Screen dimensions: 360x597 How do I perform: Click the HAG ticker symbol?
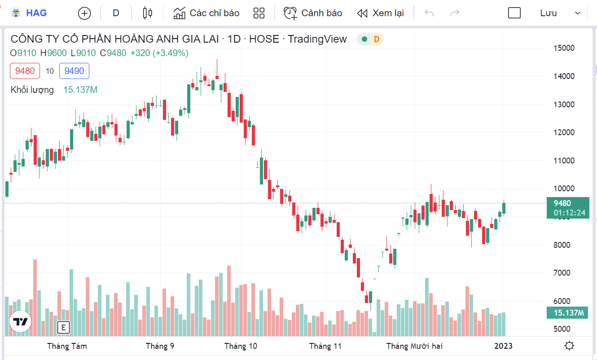click(36, 13)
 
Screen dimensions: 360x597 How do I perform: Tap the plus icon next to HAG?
click(84, 13)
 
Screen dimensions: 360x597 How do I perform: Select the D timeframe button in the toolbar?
click(116, 13)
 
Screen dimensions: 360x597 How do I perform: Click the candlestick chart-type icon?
click(147, 13)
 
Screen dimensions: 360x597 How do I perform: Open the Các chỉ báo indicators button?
click(206, 13)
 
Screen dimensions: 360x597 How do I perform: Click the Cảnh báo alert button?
click(313, 13)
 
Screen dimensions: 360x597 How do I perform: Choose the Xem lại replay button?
click(381, 13)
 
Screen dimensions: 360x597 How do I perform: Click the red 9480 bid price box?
click(25, 71)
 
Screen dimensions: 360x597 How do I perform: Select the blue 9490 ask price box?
click(74, 71)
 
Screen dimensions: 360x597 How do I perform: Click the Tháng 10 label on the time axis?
click(241, 346)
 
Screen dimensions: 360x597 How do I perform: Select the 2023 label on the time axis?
click(503, 346)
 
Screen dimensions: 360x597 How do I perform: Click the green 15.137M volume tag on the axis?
click(567, 313)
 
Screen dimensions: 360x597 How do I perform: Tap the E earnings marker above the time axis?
click(63, 328)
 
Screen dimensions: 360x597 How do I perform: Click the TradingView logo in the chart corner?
click(20, 321)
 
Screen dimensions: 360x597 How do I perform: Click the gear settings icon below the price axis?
click(570, 346)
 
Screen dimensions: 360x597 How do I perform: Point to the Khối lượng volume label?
click(32, 90)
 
